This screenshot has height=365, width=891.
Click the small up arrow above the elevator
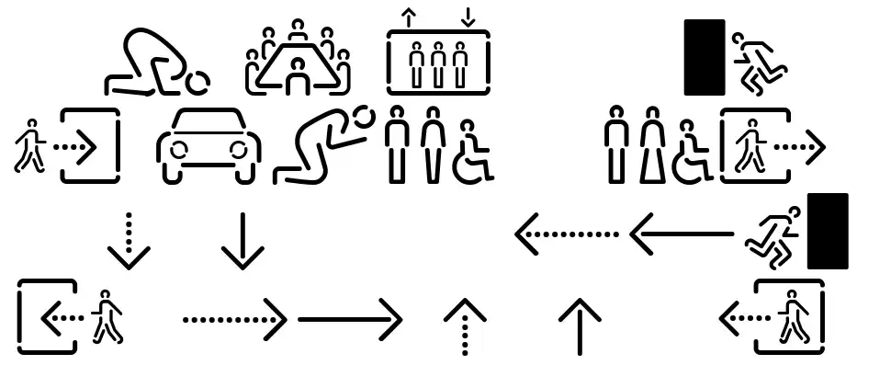[406, 17]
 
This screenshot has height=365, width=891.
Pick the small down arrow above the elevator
[468, 17]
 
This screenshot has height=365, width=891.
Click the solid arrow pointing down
[242, 241]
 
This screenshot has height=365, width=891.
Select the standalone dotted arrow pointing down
[130, 241]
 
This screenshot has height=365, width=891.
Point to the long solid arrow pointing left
[681, 235]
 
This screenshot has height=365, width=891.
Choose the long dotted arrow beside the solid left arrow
[566, 235]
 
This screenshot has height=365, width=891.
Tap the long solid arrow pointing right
[350, 320]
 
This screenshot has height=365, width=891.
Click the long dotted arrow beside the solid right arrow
[235, 320]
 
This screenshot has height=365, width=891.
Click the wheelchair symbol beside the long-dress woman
[693, 152]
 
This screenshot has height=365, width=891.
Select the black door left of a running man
[705, 57]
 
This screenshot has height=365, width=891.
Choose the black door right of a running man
[827, 231]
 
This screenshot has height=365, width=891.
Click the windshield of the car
[209, 126]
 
